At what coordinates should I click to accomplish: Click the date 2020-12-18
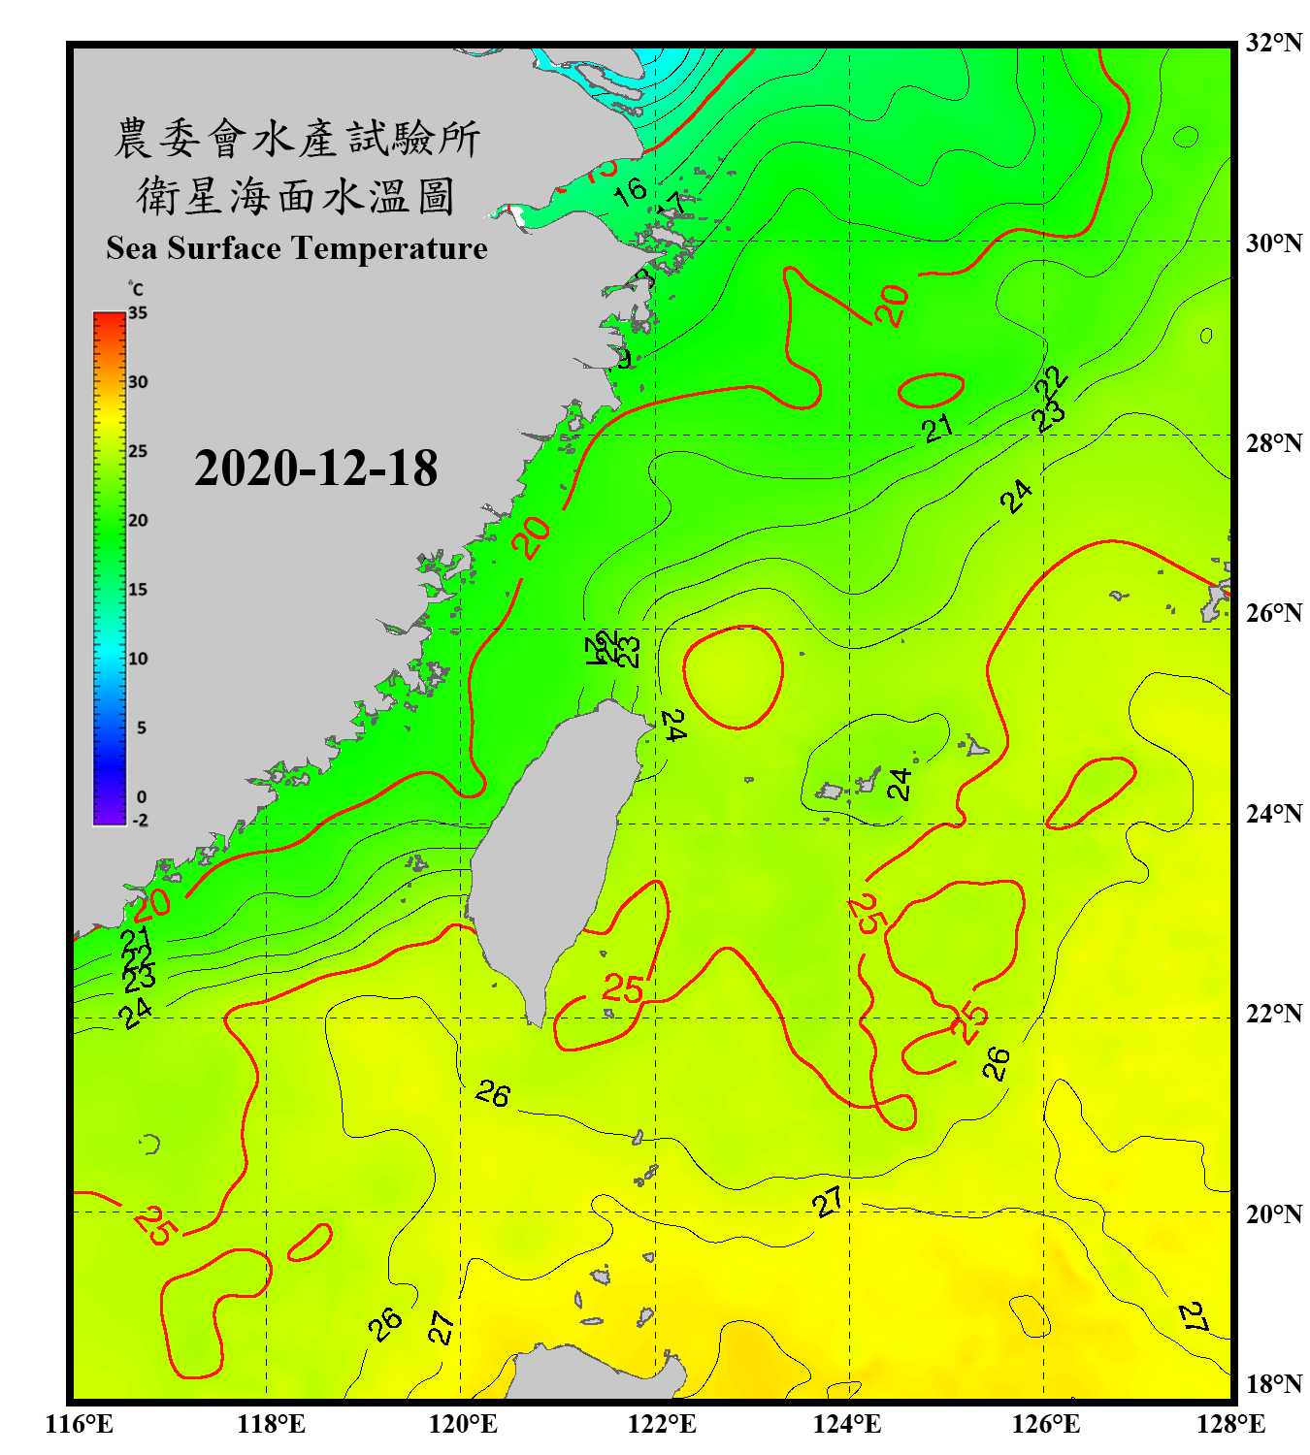pyautogui.click(x=315, y=469)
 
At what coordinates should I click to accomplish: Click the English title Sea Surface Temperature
pyautogui.click(x=296, y=248)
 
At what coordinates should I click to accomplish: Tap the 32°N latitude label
pyautogui.click(x=1273, y=43)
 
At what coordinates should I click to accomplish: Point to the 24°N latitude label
pyautogui.click(x=1273, y=813)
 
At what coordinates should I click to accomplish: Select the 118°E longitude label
pyautogui.click(x=271, y=1423)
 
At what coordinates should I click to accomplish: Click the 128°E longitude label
pyautogui.click(x=1230, y=1423)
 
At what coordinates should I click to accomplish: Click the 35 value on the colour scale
pyautogui.click(x=138, y=313)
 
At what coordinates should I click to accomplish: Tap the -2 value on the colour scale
pyautogui.click(x=140, y=820)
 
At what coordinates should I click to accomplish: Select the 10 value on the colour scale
pyautogui.click(x=138, y=659)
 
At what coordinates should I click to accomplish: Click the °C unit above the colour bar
pyautogui.click(x=135, y=289)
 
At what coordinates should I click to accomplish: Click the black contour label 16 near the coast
pyautogui.click(x=630, y=190)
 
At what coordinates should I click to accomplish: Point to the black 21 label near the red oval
pyautogui.click(x=937, y=428)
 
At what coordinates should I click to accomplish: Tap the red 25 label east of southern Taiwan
pyautogui.click(x=622, y=988)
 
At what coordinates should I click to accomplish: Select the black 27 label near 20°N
pyautogui.click(x=828, y=1203)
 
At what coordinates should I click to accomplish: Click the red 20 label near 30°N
pyautogui.click(x=892, y=306)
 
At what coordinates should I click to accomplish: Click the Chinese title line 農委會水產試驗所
pyautogui.click(x=296, y=139)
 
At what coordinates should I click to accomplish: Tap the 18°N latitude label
pyautogui.click(x=1273, y=1384)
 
